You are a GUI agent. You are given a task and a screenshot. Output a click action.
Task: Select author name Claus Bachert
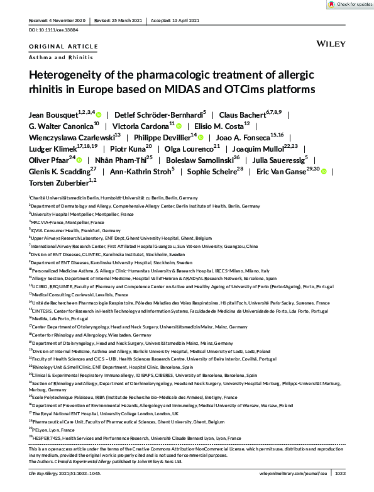[241, 115]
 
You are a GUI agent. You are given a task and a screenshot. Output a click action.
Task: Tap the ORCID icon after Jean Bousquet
[99, 116]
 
